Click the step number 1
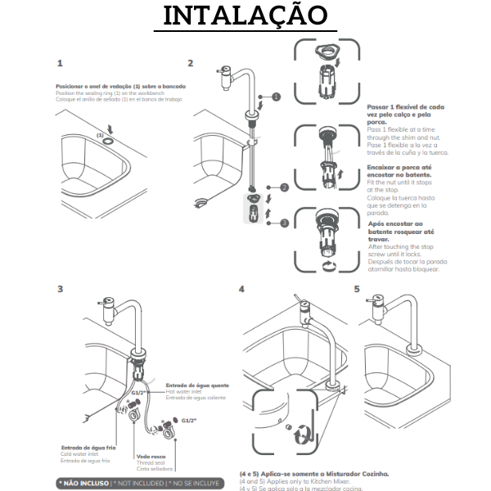61,63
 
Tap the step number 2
191,63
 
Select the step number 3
61,288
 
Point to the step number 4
241,289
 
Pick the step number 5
357,289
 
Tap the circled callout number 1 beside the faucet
276,97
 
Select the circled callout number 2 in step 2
284,187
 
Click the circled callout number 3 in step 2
284,221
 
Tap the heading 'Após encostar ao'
395,223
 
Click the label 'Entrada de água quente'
197,385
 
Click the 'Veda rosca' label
151,457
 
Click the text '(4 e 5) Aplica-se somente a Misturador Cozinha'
313,474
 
